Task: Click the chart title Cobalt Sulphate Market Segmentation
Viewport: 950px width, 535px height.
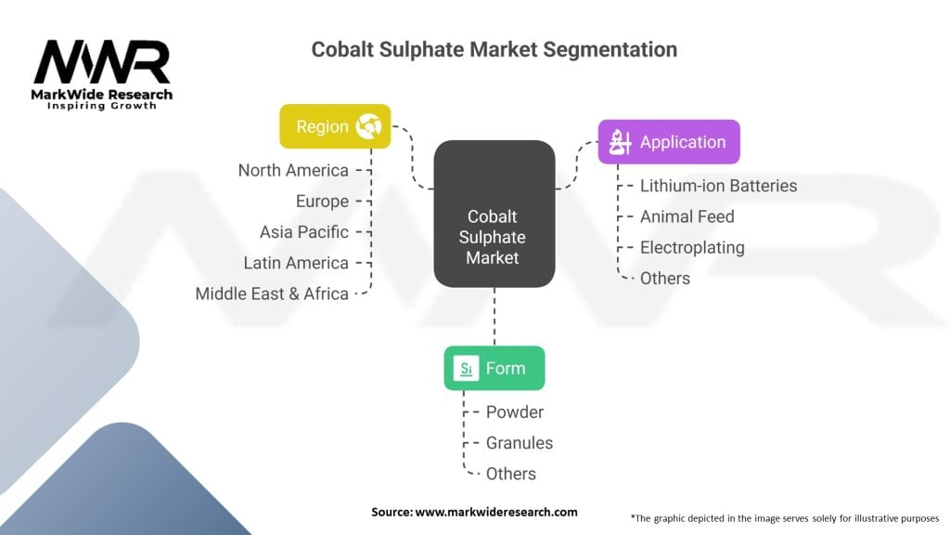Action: click(494, 49)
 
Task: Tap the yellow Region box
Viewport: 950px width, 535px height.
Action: click(335, 126)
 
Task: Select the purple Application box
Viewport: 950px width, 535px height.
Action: click(668, 142)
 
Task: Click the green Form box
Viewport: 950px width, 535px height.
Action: click(494, 369)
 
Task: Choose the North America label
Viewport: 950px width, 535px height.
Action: click(293, 170)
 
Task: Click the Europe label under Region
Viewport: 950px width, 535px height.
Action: click(322, 201)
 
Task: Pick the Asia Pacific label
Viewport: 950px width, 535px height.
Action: click(304, 231)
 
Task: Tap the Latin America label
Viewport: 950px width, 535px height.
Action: click(296, 263)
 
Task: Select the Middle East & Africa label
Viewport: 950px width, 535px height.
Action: click(272, 294)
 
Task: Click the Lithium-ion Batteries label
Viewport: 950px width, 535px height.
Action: click(718, 186)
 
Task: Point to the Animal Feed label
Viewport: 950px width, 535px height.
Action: click(687, 216)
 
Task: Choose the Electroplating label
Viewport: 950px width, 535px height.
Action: click(692, 247)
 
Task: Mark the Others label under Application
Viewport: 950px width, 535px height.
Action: click(665, 278)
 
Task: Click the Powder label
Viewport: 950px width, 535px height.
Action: click(515, 411)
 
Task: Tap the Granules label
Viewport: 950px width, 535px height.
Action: click(520, 443)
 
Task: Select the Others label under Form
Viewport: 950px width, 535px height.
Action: click(511, 474)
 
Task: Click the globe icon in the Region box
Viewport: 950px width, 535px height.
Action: click(369, 126)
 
